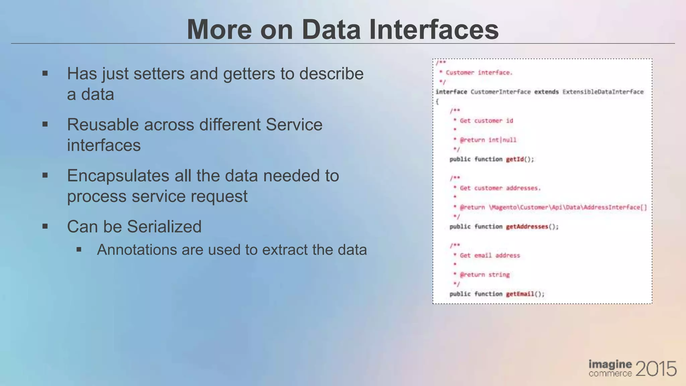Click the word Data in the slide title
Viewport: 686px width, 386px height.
click(x=331, y=29)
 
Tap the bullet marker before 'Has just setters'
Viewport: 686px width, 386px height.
click(x=45, y=73)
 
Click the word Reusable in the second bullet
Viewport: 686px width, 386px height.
click(x=102, y=125)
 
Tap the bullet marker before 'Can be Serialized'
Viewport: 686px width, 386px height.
click(x=45, y=227)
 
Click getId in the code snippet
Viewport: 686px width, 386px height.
click(x=514, y=159)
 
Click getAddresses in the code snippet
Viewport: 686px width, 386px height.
click(x=527, y=227)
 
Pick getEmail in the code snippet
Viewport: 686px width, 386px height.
click(x=520, y=294)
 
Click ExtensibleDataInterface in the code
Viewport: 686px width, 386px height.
click(x=603, y=92)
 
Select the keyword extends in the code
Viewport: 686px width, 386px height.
click(x=546, y=92)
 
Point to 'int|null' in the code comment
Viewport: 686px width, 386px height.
click(x=502, y=140)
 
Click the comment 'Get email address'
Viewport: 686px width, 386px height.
click(x=490, y=255)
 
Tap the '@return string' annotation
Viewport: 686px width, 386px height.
click(x=485, y=275)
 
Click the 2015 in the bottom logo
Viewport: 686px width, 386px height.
click(x=656, y=369)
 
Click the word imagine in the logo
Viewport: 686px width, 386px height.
click(x=610, y=365)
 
